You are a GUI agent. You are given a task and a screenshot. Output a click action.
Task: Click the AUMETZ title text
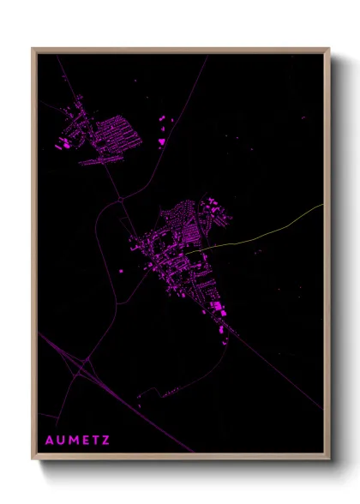pyautogui.click(x=77, y=441)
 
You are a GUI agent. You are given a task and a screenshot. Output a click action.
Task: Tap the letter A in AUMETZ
pyautogui.click(x=49, y=441)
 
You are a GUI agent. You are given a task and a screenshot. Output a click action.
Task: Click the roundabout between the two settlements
pyautogui.click(x=122, y=200)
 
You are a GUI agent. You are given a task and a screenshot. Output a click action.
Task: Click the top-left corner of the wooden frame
pyautogui.click(x=33, y=49)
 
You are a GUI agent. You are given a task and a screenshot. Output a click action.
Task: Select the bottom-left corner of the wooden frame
pyautogui.click(x=33, y=460)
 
